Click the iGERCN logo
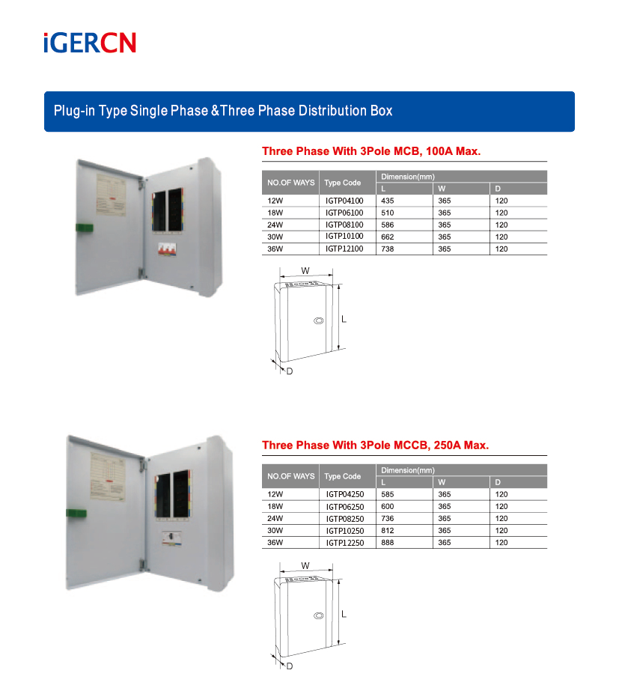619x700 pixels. (x=89, y=43)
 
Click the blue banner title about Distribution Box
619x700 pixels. (x=223, y=111)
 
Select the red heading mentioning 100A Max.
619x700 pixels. (x=371, y=151)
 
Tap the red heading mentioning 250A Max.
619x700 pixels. (x=375, y=445)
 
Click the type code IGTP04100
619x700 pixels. (x=344, y=201)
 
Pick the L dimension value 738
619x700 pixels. (x=387, y=249)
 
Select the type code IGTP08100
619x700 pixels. (x=344, y=225)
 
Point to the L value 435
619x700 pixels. (x=387, y=201)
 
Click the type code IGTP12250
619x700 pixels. (x=345, y=543)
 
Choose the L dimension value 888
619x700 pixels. (x=387, y=542)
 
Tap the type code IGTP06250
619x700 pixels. (x=345, y=507)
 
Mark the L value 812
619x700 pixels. (x=387, y=530)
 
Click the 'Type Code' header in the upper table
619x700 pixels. (x=343, y=183)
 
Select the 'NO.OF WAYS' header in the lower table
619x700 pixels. (x=291, y=476)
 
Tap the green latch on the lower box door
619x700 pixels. (x=76, y=513)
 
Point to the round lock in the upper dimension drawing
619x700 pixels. (x=317, y=320)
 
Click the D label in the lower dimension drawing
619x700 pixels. (x=289, y=666)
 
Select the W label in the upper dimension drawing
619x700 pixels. (x=305, y=270)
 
